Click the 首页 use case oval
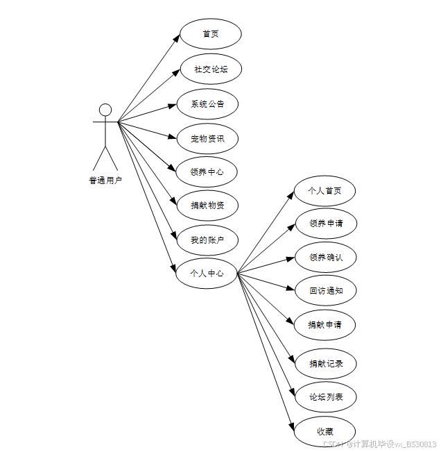[210, 34]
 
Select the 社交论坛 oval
[210, 69]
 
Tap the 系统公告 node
[207, 104]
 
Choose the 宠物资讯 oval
[207, 138]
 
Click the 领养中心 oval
[207, 171]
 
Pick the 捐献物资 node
[207, 206]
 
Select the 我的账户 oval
[207, 240]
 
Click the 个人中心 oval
[207, 274]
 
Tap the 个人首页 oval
[325, 191]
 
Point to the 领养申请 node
[325, 224]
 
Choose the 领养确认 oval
[325, 258]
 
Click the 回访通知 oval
[325, 291]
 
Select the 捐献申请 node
[325, 324]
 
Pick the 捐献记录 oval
[325, 363]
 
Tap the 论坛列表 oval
[325, 397]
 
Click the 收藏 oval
[325, 431]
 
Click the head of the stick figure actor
[105, 110]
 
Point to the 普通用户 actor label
[105, 181]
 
